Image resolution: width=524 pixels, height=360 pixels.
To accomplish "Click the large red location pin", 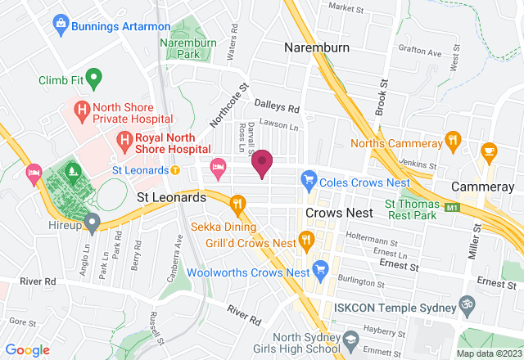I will point(262,163).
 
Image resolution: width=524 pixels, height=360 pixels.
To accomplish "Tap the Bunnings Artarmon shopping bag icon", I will point(61,25).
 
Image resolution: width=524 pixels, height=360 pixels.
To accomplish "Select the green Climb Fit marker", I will point(93,80).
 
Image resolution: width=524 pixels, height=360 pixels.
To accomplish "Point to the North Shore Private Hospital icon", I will point(82,107).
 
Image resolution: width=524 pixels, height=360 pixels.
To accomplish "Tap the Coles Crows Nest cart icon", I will point(309,177).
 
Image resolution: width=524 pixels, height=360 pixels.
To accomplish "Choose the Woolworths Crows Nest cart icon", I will point(321,268).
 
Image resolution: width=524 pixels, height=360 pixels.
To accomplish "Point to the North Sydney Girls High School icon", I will point(351,338).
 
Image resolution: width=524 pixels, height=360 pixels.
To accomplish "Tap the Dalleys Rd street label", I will point(278,107).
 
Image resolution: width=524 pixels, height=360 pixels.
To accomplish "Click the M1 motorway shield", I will point(452,209).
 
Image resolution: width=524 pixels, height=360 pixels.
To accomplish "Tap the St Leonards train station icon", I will point(175,170).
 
